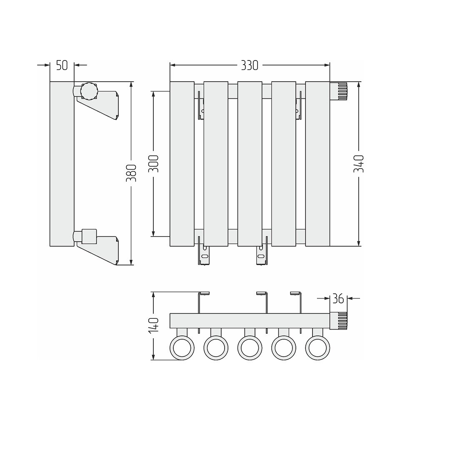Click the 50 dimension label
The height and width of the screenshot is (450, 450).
(x=62, y=65)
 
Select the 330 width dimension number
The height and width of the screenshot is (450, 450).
(x=250, y=65)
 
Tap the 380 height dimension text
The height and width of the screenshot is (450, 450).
(x=131, y=173)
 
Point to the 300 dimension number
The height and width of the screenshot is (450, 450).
(x=153, y=164)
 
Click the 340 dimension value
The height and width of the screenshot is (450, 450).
(x=359, y=164)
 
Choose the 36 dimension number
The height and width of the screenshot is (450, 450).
(x=338, y=299)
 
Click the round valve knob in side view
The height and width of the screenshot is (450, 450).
(x=90, y=91)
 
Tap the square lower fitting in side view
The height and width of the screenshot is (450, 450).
(x=89, y=237)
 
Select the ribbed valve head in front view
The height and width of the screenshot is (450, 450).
(x=339, y=91)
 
